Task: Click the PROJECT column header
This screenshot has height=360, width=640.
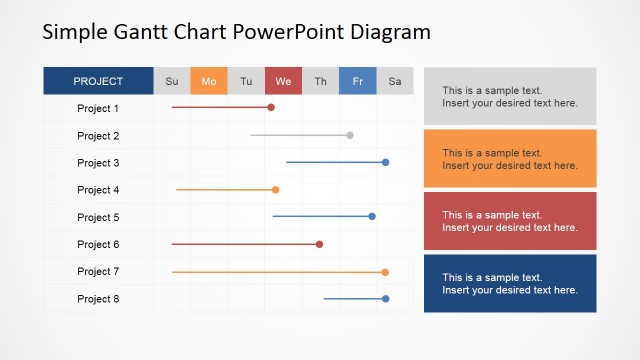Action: [98, 81]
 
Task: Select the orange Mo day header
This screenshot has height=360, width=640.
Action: [209, 81]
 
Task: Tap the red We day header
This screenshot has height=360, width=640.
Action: [283, 81]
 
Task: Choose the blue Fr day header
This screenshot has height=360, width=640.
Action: [357, 81]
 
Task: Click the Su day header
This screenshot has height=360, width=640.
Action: [172, 81]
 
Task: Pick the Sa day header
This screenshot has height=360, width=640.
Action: [394, 81]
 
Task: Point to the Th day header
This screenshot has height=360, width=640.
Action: [320, 81]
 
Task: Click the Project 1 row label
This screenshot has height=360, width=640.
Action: [98, 108]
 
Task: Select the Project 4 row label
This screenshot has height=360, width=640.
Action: [98, 190]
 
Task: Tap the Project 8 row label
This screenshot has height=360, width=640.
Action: [98, 299]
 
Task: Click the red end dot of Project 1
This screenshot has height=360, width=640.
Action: [271, 107]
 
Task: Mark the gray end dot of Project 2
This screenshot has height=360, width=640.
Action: [350, 135]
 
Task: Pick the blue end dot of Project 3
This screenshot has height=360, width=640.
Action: [385, 162]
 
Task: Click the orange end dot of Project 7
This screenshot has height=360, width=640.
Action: [385, 272]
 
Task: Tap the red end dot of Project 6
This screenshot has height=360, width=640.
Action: [320, 244]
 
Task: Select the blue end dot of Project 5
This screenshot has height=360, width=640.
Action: [372, 216]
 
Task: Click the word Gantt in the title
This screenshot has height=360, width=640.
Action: [147, 31]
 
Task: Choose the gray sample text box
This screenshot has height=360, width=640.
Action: [510, 96]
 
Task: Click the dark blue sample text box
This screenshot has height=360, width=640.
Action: [510, 283]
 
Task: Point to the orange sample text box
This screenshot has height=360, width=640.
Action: [510, 158]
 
